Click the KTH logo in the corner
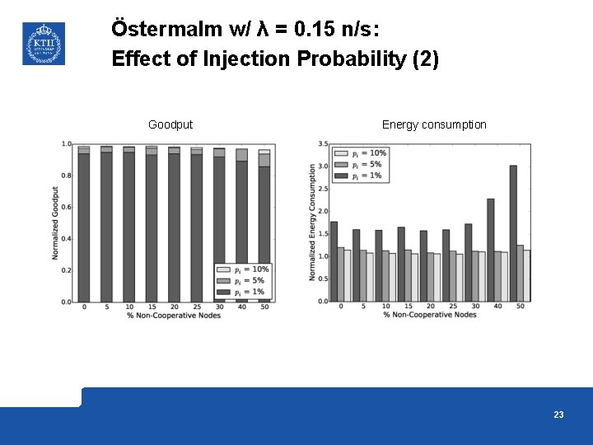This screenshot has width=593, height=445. pos(42,43)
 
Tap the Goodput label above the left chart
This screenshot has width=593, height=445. pos(170,124)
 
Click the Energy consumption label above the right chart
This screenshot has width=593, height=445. pos(434,124)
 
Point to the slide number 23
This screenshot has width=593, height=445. pos(558,415)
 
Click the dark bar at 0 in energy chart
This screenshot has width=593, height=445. pos(334,261)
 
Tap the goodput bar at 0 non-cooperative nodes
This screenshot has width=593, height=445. pos(84,227)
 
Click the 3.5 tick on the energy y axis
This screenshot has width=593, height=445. pos(322,144)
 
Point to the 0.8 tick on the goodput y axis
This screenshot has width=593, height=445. pos(66,176)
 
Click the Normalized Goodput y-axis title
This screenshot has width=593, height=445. pos(55,222)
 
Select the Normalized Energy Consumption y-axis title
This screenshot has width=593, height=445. pos(312,222)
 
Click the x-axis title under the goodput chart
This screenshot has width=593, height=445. pos(174,315)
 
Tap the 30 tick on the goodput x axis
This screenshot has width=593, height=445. pos(219,307)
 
